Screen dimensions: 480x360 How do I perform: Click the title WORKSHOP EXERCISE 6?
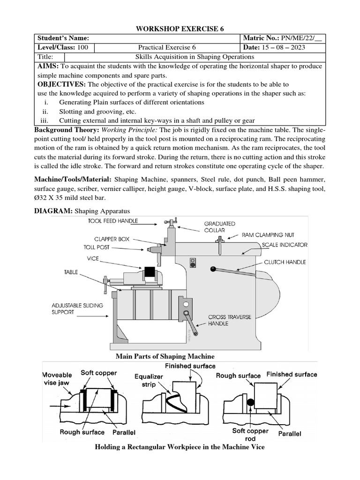tap(180, 29)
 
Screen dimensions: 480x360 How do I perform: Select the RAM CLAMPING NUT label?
tap(268, 235)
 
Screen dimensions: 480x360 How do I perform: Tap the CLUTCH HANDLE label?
tap(284, 262)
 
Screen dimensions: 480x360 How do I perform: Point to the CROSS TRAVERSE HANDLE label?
tap(230, 320)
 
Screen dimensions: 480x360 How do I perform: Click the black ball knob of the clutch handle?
tap(213, 269)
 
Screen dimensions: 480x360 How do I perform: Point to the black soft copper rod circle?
tap(250, 403)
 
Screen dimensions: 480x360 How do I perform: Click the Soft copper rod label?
tap(250, 434)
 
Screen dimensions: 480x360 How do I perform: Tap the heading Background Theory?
tap(66, 129)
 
